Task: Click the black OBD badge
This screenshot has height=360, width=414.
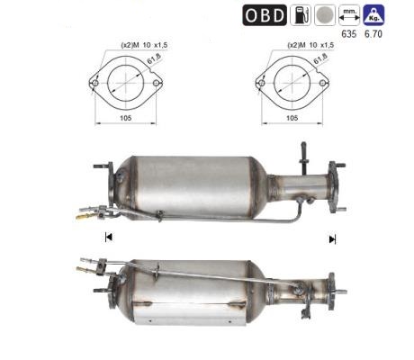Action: click(x=265, y=15)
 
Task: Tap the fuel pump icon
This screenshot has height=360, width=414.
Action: click(x=301, y=15)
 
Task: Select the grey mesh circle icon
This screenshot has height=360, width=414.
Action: click(x=325, y=15)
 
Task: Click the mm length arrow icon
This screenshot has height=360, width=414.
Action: click(x=349, y=15)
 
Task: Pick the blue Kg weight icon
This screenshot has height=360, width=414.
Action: click(x=373, y=15)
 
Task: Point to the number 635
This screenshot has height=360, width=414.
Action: click(x=349, y=34)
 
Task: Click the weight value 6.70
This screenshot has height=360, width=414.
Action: click(x=373, y=34)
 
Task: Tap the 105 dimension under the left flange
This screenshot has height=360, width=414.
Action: click(x=126, y=118)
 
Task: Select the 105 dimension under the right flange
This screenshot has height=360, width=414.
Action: click(x=292, y=118)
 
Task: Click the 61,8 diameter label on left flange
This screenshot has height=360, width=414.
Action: click(x=154, y=58)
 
